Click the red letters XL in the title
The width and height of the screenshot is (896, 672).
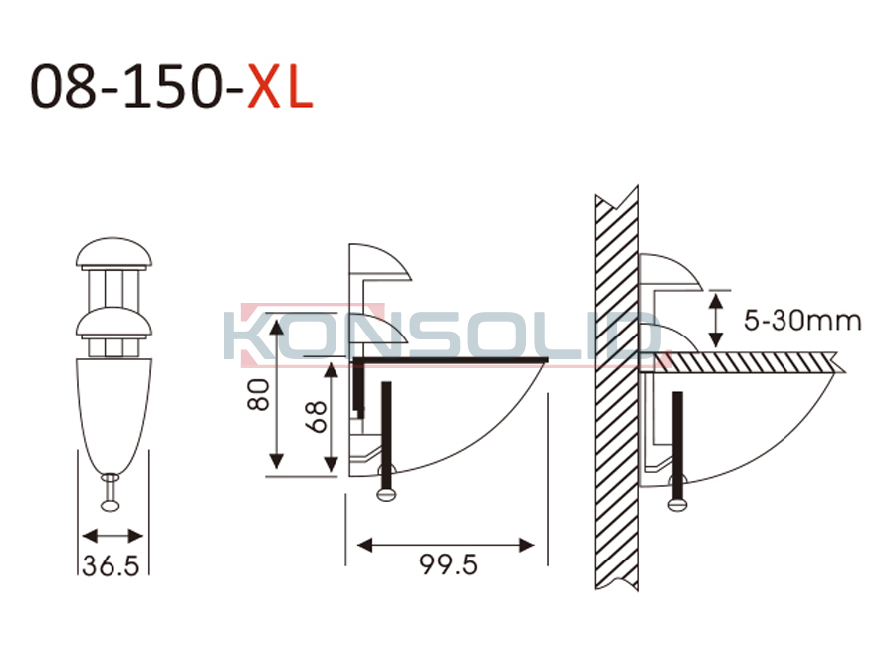click(280, 86)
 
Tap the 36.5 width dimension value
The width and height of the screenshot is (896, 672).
click(111, 565)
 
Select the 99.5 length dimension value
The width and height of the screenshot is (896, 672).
click(449, 564)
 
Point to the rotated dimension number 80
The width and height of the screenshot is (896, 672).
click(258, 395)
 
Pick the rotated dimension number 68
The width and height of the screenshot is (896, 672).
click(316, 416)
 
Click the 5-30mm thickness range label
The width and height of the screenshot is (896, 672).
click(802, 320)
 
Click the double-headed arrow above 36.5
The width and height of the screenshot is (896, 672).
click(112, 536)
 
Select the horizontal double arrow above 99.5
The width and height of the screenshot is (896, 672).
click(446, 545)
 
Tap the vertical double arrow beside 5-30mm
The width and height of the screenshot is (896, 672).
click(715, 319)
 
